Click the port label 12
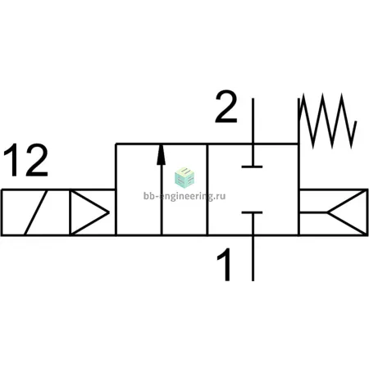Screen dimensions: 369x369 25,160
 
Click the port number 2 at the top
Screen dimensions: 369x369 226,106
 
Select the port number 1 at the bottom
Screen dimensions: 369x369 225,264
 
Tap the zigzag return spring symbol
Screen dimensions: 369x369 328,121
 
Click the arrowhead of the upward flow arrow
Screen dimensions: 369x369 162,155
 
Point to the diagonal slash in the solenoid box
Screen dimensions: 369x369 36,212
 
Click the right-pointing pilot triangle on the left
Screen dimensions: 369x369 89,212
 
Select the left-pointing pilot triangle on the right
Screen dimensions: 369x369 347,212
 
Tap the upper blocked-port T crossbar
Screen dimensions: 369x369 252,166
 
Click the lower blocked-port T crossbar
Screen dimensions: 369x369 252,212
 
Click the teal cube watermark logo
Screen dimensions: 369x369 184,178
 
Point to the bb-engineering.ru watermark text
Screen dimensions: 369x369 184,196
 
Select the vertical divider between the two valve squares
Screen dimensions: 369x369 207,189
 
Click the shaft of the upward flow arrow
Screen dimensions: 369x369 162,199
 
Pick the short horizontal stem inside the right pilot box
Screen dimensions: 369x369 313,212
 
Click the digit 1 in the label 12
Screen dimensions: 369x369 12,160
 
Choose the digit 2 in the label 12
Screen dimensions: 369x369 37,160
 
